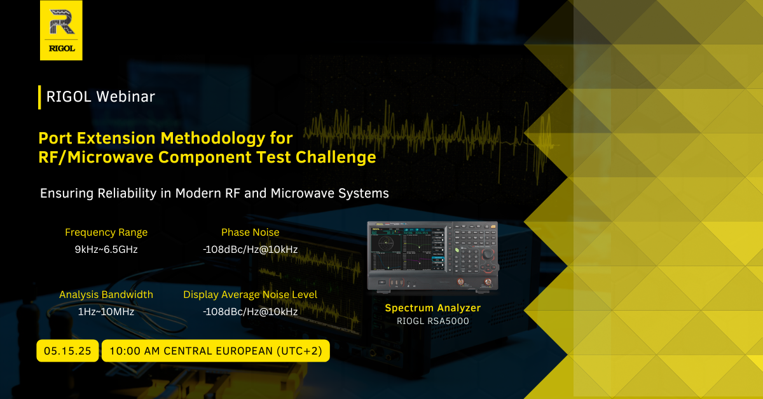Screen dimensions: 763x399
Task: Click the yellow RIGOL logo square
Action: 61,30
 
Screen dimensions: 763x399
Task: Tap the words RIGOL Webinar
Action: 100,97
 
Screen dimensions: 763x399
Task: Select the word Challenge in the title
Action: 336,158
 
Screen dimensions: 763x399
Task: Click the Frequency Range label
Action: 106,232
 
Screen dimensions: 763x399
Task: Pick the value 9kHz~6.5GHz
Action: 106,250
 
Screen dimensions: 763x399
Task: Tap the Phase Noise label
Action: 251,232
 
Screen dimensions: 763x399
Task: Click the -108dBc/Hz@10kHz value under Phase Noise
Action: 251,250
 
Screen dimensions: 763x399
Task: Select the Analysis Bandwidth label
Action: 106,294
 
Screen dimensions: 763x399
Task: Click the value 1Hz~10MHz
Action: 106,312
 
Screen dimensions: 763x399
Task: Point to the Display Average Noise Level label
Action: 251,294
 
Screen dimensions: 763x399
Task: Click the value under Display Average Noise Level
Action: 251,312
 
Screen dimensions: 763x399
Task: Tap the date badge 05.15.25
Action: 67,351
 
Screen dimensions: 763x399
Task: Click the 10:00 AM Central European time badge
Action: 216,351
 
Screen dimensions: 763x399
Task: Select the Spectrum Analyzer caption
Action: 432,308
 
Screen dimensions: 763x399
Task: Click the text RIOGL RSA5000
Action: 432,321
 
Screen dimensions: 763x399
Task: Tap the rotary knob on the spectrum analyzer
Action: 488,254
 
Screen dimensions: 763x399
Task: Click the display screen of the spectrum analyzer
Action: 408,249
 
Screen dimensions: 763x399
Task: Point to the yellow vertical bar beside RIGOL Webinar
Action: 39,97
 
